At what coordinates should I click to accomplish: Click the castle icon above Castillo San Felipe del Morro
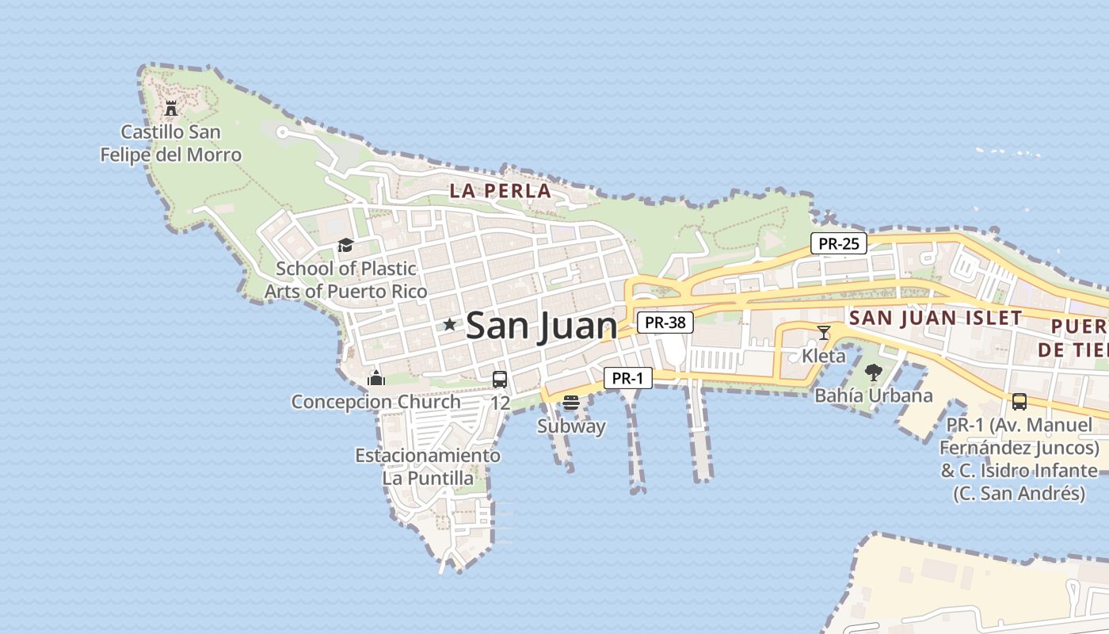pyautogui.click(x=171, y=109)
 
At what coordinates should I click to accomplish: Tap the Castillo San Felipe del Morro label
pyautogui.click(x=171, y=143)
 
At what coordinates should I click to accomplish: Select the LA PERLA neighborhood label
pyautogui.click(x=500, y=191)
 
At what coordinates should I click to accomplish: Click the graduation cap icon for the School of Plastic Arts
pyautogui.click(x=345, y=245)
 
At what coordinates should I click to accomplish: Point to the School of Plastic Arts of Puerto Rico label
pyautogui.click(x=345, y=280)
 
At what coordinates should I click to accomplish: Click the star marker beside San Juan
pyautogui.click(x=450, y=324)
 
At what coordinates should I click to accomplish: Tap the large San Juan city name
pyautogui.click(x=541, y=326)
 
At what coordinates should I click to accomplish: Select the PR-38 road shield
pyautogui.click(x=665, y=323)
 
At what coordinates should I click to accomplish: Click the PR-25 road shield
pyautogui.click(x=838, y=243)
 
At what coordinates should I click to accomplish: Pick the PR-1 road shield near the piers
pyautogui.click(x=627, y=379)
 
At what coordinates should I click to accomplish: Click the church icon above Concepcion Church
pyautogui.click(x=376, y=378)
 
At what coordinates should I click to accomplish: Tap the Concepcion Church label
pyautogui.click(x=375, y=402)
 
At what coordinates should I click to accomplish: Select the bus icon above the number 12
pyautogui.click(x=500, y=379)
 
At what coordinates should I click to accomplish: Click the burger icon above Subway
pyautogui.click(x=571, y=403)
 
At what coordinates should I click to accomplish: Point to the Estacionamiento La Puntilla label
pyautogui.click(x=428, y=467)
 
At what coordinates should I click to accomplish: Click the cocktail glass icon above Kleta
pyautogui.click(x=824, y=332)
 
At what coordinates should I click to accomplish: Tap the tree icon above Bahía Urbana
pyautogui.click(x=873, y=372)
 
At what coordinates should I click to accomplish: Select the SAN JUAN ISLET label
pyautogui.click(x=935, y=319)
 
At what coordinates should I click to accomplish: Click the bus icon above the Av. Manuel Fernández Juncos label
pyautogui.click(x=1019, y=402)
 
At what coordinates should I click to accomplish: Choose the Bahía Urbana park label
pyautogui.click(x=874, y=395)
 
